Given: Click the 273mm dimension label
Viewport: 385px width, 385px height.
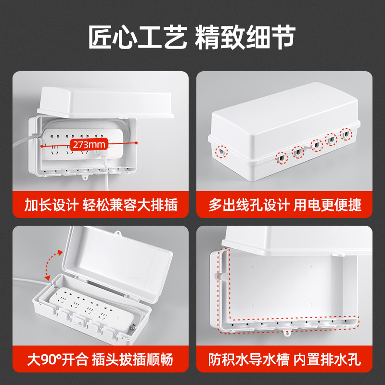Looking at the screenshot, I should click(x=89, y=144).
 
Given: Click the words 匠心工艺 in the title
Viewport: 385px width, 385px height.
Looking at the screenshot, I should click(x=137, y=38).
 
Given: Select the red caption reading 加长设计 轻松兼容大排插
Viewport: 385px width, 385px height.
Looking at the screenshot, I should click(x=101, y=205).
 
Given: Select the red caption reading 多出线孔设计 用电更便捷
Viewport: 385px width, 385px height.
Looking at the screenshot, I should click(x=284, y=205).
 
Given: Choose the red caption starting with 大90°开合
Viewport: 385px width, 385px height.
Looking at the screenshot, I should click(x=101, y=359).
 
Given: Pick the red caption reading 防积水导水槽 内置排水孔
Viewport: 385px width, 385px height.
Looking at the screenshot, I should click(x=284, y=359).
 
